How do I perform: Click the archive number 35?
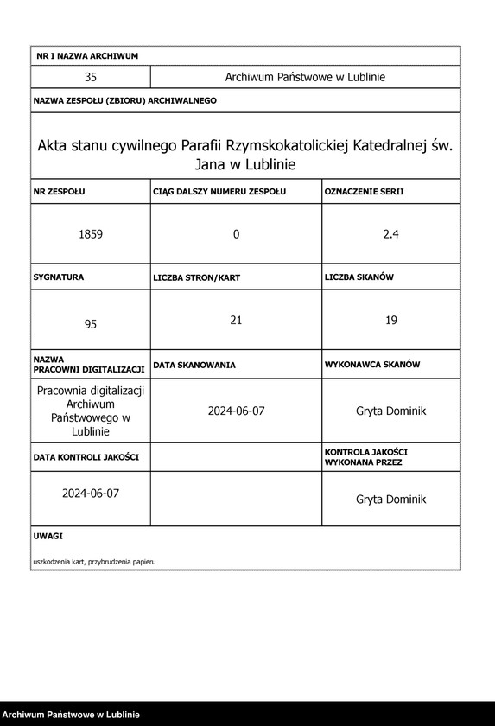[x=90, y=77]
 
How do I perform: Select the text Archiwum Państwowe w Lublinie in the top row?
[x=305, y=77]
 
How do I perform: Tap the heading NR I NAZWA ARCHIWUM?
[x=87, y=56]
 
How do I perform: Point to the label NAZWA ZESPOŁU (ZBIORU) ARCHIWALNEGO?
[x=124, y=101]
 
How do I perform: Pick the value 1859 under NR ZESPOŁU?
[x=90, y=234]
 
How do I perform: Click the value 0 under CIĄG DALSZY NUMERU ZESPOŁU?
[x=236, y=234]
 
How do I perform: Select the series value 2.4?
[x=390, y=234]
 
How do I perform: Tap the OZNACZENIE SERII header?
[x=364, y=191]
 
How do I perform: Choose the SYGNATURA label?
[x=59, y=277]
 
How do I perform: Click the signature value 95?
[x=90, y=324]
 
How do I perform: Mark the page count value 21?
[x=236, y=321]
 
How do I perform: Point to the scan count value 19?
[x=390, y=321]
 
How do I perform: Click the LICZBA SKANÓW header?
[x=359, y=277]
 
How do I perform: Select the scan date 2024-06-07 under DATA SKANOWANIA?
[x=236, y=411]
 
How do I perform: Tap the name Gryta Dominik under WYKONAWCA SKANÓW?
[x=390, y=411]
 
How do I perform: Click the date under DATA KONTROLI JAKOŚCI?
[x=90, y=494]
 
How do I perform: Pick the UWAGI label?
[x=48, y=537]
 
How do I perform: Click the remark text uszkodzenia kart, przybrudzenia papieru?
[x=94, y=562]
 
